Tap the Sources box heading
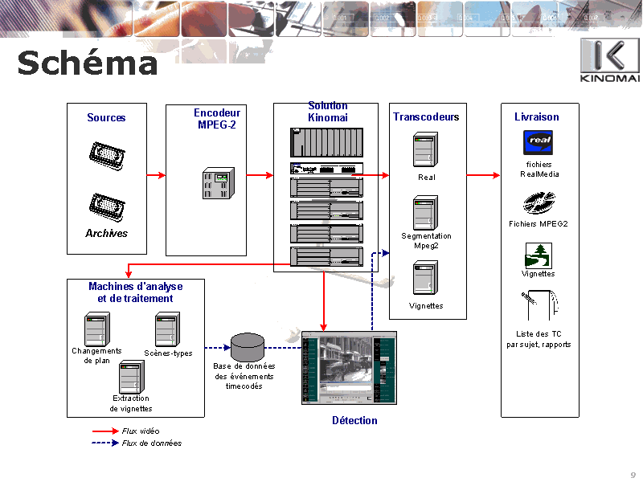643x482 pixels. pyautogui.click(x=106, y=118)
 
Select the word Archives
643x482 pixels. pyautogui.click(x=106, y=234)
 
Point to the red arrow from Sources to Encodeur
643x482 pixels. pyautogui.click(x=156, y=175)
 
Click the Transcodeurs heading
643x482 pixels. pyautogui.click(x=426, y=117)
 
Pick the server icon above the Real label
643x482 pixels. pyautogui.click(x=425, y=150)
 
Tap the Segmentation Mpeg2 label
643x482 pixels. pyautogui.click(x=426, y=241)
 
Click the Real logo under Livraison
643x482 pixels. pyautogui.click(x=538, y=142)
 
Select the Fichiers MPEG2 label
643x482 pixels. pyautogui.click(x=538, y=224)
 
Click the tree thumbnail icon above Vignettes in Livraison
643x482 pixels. pyautogui.click(x=538, y=255)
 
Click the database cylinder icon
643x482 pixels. pyautogui.click(x=248, y=347)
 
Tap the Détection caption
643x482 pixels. pyautogui.click(x=354, y=420)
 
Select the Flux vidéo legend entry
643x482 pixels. pyautogui.click(x=140, y=431)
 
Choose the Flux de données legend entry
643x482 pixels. pyautogui.click(x=151, y=443)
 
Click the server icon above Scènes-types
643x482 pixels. pyautogui.click(x=167, y=329)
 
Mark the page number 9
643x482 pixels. pyautogui.click(x=633, y=474)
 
